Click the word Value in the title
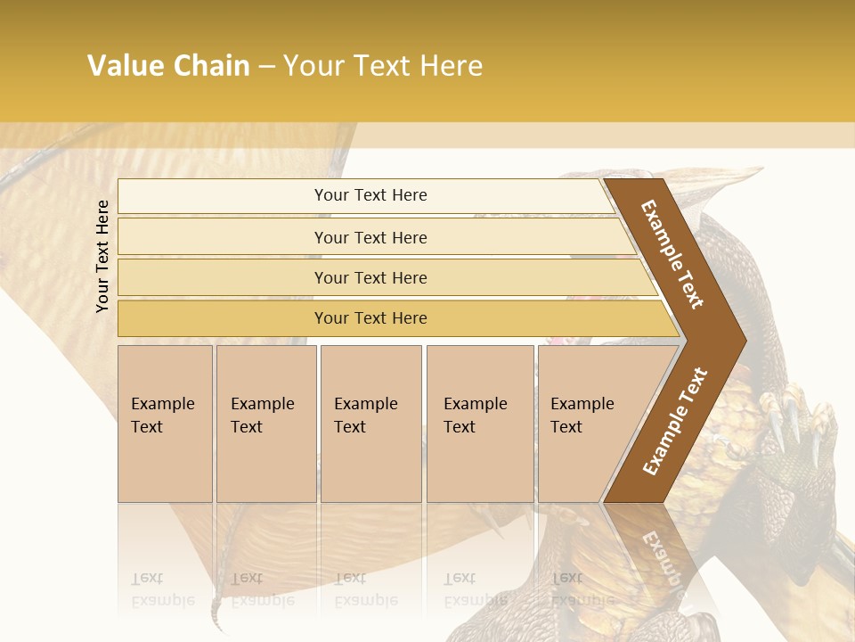coord(124,66)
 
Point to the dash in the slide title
coord(266,67)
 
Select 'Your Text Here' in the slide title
coord(383,66)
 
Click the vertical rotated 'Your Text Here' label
coord(102,257)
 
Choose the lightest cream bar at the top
coord(370,195)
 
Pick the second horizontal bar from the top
coord(370,237)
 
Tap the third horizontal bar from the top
coord(370,277)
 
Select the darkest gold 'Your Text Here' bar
coord(370,318)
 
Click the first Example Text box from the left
coord(165,423)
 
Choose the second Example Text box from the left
coord(265,423)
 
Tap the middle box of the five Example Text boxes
coord(370,423)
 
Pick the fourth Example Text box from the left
coord(479,423)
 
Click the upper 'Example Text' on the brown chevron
coord(672,254)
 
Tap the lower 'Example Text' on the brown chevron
coord(675,421)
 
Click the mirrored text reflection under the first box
coord(163,589)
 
